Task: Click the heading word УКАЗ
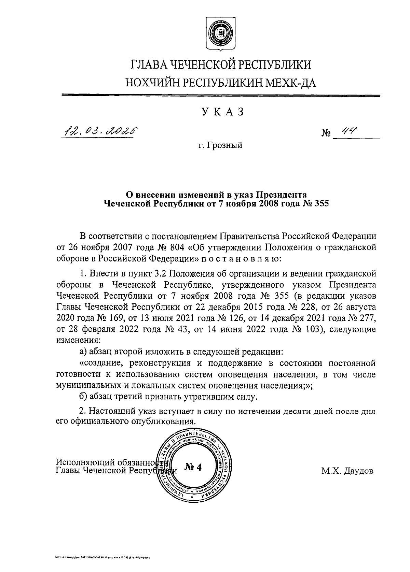222,112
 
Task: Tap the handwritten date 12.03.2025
99,130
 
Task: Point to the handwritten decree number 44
349,131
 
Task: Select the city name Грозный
225,145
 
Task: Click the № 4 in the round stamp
193,467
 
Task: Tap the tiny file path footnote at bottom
102,557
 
